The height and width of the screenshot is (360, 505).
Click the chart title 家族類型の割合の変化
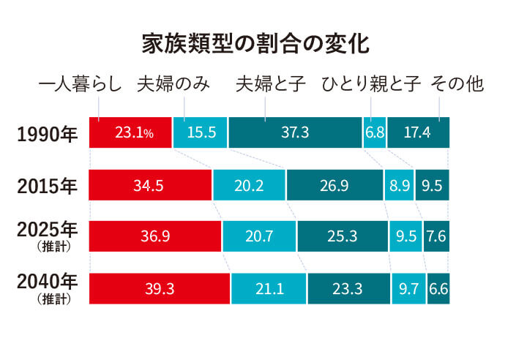(x=255, y=44)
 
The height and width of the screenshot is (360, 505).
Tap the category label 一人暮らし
(x=80, y=84)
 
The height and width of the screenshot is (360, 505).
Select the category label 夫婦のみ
(x=173, y=84)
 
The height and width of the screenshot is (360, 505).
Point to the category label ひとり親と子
(x=371, y=84)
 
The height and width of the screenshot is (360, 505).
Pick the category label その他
(x=457, y=84)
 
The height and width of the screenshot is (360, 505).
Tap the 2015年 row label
(x=47, y=185)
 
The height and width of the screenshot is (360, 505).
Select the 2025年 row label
(x=47, y=230)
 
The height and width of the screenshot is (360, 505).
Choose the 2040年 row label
(x=47, y=282)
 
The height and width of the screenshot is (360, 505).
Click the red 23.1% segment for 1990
(x=130, y=132)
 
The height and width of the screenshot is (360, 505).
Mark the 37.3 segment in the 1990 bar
(x=295, y=132)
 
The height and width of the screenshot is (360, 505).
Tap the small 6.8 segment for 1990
(x=375, y=132)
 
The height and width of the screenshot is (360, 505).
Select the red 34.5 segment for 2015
(x=150, y=185)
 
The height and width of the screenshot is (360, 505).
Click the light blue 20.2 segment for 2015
(x=249, y=185)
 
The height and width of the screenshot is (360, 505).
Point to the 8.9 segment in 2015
(x=399, y=185)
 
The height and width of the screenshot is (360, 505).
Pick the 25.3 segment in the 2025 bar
(x=342, y=236)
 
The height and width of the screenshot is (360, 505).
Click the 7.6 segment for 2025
(x=436, y=236)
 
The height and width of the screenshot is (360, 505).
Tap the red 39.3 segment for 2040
(x=159, y=288)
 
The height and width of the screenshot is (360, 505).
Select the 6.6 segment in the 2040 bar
(x=438, y=288)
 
